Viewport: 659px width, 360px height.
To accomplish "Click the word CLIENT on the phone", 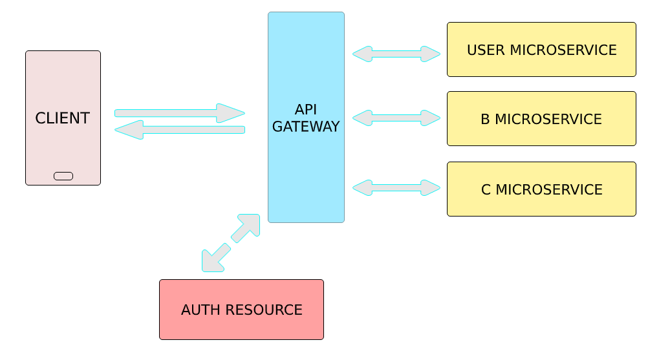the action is click(x=63, y=118).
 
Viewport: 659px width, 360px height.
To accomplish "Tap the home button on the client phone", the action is click(x=63, y=176).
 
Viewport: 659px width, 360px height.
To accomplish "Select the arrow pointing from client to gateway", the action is click(x=180, y=113).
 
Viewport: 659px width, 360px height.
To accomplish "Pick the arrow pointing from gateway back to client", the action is click(x=180, y=130).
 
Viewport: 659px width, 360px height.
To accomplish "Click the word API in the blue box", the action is click(x=306, y=109).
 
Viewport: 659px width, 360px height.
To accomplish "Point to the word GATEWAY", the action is click(x=306, y=127).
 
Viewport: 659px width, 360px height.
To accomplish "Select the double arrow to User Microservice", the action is click(x=396, y=54).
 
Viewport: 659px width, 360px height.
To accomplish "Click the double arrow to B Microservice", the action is click(x=396, y=118).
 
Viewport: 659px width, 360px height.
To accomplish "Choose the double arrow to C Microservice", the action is click(x=396, y=188).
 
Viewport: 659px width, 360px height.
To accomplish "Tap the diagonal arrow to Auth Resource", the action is click(x=231, y=243).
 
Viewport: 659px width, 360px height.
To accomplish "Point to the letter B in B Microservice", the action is click(x=486, y=120).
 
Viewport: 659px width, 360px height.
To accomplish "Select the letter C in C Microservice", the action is click(x=486, y=190).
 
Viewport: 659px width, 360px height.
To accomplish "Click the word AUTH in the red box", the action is click(x=201, y=310).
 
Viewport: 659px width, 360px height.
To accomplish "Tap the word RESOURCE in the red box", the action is click(x=264, y=310).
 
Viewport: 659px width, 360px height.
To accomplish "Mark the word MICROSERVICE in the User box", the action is click(x=563, y=50).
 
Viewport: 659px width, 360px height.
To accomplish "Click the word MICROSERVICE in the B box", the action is click(x=548, y=120).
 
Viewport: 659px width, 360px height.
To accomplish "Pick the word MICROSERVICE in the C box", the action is click(x=549, y=190).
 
